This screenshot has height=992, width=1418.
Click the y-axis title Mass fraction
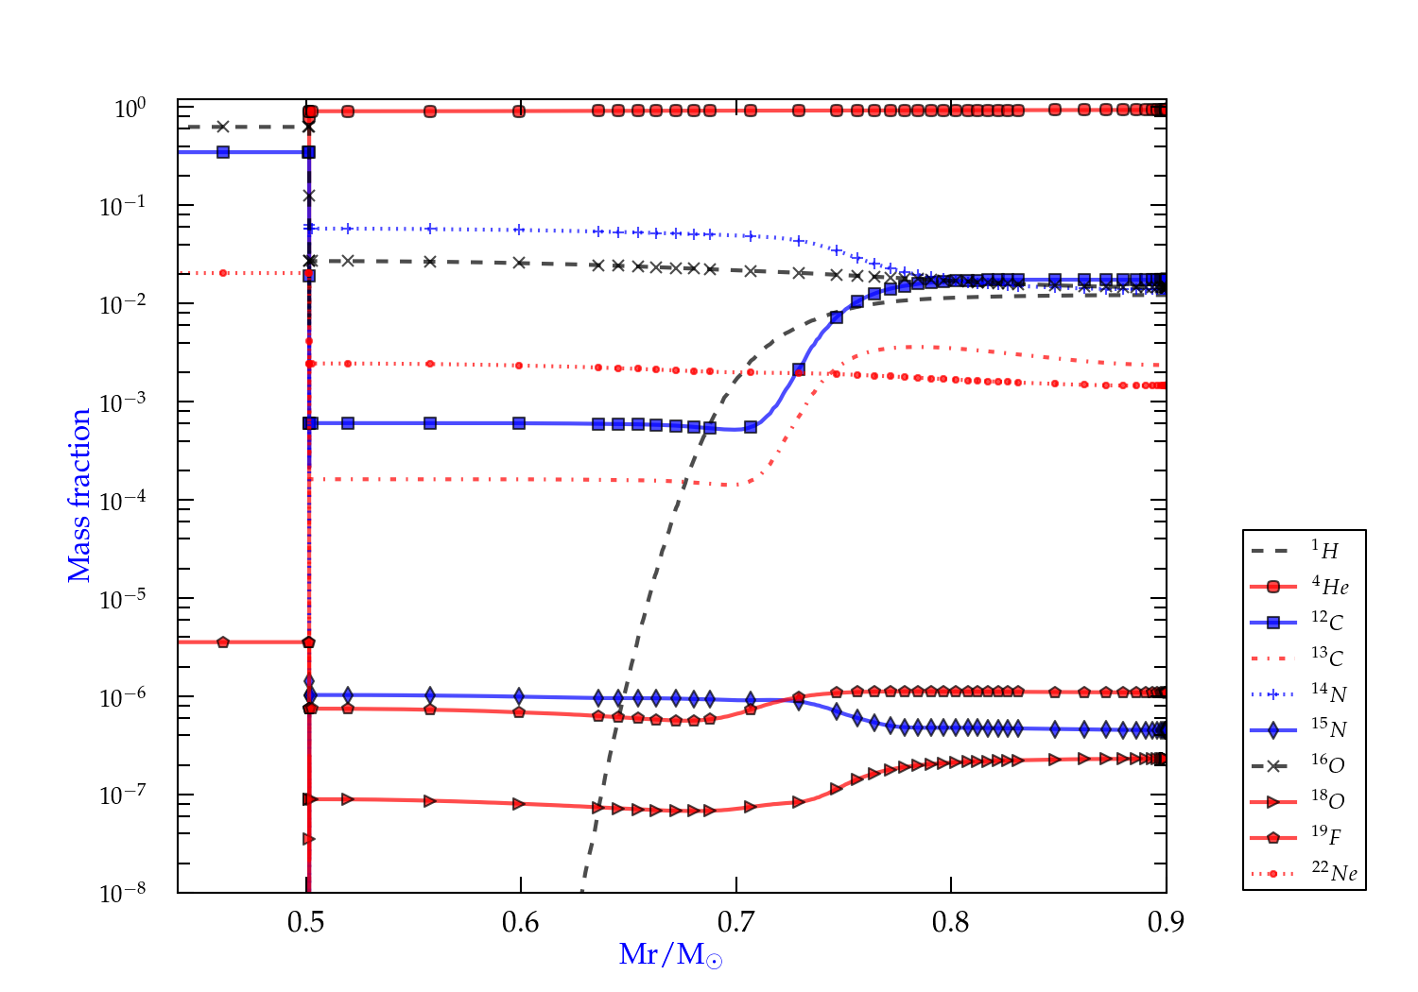[x=79, y=495]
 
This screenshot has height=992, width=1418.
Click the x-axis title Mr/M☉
[x=670, y=955]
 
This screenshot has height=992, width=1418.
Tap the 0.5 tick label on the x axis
[x=305, y=922]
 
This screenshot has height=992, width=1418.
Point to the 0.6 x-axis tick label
[x=521, y=922]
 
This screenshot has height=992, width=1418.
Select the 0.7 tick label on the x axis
[x=735, y=922]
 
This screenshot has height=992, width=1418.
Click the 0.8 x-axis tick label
[x=951, y=922]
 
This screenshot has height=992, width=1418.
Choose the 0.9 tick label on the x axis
[x=1166, y=922]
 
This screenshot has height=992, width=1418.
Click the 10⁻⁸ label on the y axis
[x=123, y=892]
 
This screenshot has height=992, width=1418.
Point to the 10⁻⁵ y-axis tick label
[x=123, y=598]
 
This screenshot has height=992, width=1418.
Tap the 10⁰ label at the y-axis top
[x=130, y=109]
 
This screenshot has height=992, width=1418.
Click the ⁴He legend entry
[x=1329, y=587]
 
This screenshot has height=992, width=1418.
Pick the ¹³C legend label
[x=1327, y=658]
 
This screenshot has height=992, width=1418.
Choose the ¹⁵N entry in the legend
[x=1328, y=729]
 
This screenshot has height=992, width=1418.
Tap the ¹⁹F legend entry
[x=1326, y=836]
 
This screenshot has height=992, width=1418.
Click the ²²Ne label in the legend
[x=1334, y=873]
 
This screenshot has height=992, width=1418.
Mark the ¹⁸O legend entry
[x=1327, y=801]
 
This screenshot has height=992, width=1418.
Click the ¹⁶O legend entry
[x=1327, y=765]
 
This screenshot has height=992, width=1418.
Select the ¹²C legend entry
[x=1327, y=623]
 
